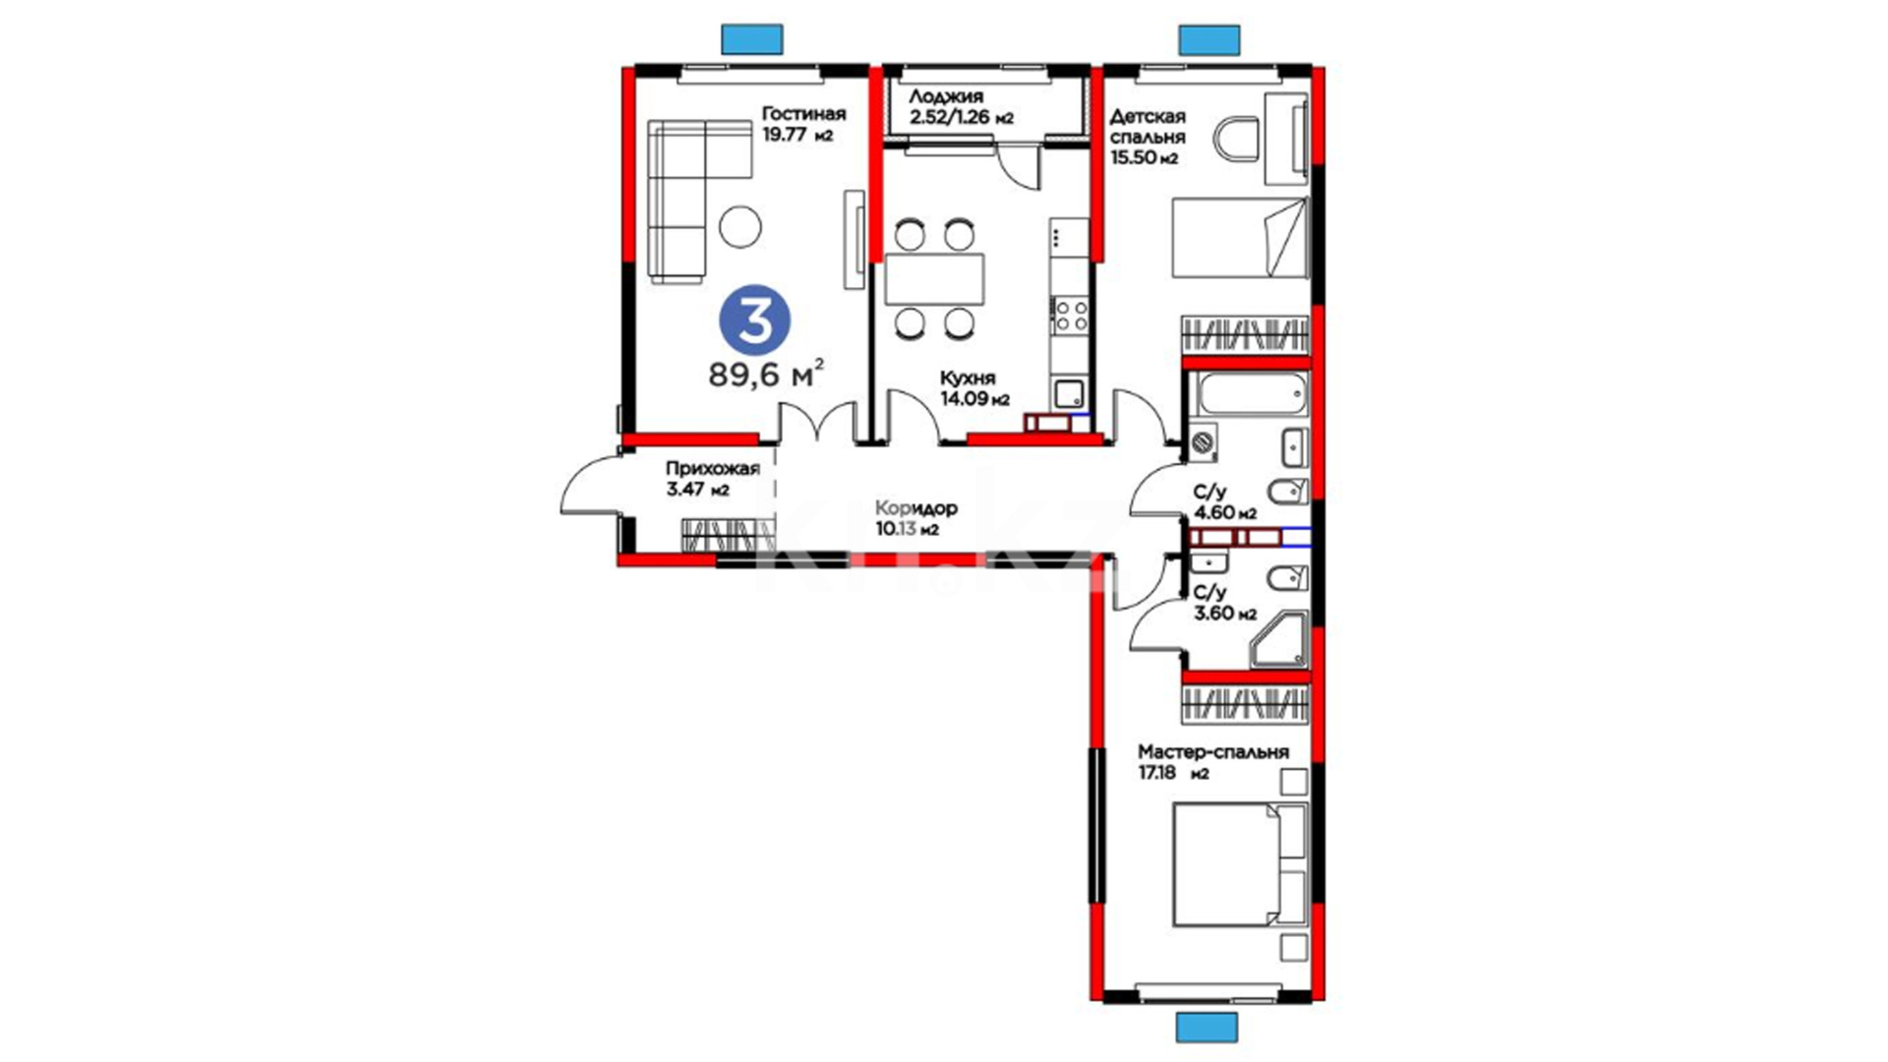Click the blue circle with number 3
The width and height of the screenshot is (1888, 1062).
point(755,320)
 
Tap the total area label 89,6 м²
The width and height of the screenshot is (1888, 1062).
point(766,373)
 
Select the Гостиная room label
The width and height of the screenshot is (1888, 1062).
point(803,114)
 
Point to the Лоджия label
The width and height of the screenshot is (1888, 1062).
point(946,96)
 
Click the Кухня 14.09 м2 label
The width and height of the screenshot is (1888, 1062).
point(974,388)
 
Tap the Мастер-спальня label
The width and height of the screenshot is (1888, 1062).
point(1212,751)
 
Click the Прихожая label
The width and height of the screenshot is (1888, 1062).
point(713,468)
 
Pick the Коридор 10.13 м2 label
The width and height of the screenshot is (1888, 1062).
point(916,518)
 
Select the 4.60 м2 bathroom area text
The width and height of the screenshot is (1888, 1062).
point(1225,512)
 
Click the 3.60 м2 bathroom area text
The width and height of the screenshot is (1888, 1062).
point(1225,614)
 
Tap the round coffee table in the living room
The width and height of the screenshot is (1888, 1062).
point(739,227)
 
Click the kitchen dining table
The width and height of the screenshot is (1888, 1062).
point(934,278)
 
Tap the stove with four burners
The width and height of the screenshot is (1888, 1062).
point(1070,316)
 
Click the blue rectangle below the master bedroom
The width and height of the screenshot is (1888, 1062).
point(1207,1027)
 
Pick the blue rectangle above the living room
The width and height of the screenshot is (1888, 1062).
point(752,38)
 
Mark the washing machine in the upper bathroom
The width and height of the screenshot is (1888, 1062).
point(1203,443)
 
